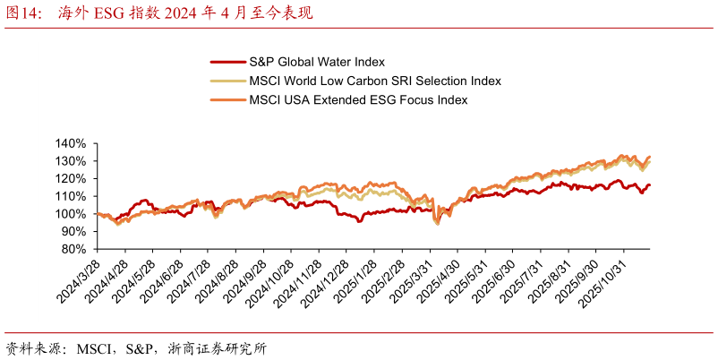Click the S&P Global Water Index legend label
pos(316,62)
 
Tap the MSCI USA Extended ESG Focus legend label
pos(358,99)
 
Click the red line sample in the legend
pos(227,62)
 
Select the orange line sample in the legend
pos(227,99)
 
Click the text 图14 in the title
pos(23,13)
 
